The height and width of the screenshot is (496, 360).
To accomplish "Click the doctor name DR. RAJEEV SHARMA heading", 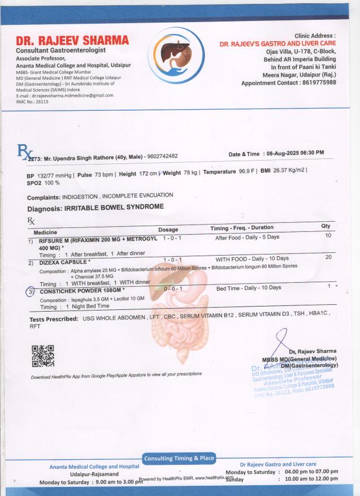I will (72, 41).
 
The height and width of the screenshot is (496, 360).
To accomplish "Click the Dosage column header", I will (168, 230).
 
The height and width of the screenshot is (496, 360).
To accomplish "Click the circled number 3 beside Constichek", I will (31, 292).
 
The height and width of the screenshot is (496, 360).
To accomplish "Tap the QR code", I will (42, 356).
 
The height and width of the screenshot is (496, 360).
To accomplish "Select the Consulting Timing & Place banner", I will (179, 458).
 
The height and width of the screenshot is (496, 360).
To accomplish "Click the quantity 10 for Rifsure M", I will (328, 235).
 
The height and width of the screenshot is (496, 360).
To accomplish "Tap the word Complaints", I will (44, 197).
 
